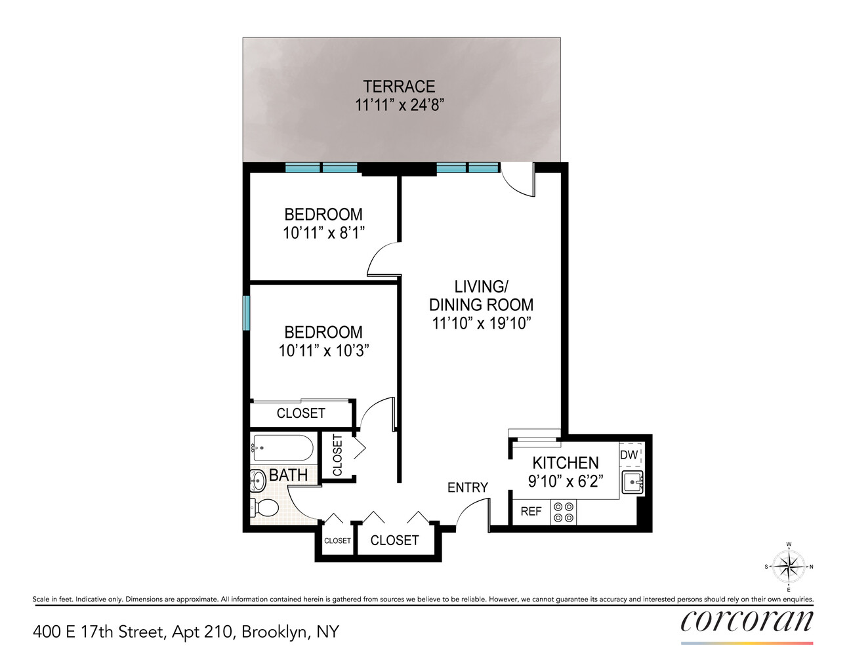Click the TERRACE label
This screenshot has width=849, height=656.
[x=399, y=87]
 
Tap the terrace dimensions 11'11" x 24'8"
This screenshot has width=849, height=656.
[x=399, y=105]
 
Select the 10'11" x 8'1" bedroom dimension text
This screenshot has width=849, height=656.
[x=323, y=233]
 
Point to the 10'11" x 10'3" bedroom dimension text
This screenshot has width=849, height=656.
[x=323, y=351]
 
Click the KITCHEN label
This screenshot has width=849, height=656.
[x=565, y=462]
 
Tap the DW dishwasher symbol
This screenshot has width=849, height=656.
[x=629, y=455]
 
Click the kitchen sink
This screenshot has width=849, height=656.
[x=632, y=482]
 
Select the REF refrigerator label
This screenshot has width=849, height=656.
[x=531, y=512]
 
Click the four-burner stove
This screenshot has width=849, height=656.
[x=564, y=512]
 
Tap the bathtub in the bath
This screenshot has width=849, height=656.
[x=283, y=449]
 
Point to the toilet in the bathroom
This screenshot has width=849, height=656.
[x=264, y=507]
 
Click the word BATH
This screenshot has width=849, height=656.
[x=288, y=475]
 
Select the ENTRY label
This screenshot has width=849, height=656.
[x=467, y=487]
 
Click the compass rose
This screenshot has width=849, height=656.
[x=788, y=567]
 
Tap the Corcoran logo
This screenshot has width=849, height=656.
[x=747, y=622]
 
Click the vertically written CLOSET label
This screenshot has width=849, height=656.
[x=338, y=455]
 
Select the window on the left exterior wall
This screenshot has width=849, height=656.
[x=247, y=313]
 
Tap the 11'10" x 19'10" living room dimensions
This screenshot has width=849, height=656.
[x=481, y=323]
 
